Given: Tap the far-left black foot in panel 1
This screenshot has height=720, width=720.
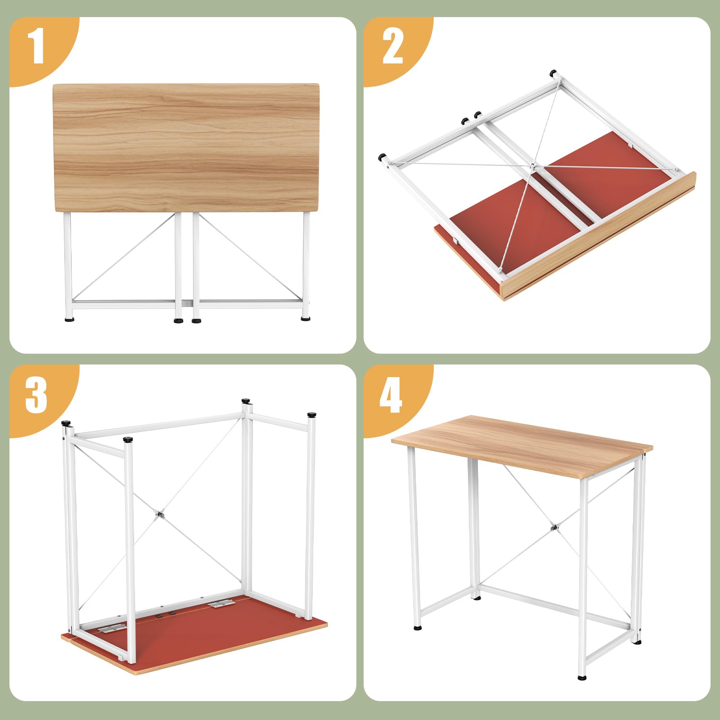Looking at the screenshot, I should click(x=70, y=320).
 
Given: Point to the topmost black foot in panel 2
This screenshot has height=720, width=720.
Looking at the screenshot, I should click(x=553, y=72).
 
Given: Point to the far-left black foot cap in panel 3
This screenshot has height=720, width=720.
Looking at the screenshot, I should click(x=66, y=423).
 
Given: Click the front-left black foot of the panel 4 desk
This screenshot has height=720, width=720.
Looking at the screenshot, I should click(x=418, y=626).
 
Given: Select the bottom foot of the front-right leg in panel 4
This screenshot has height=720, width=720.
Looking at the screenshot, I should click(x=582, y=689).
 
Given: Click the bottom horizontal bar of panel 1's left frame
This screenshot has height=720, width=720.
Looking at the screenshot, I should click(x=122, y=304).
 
